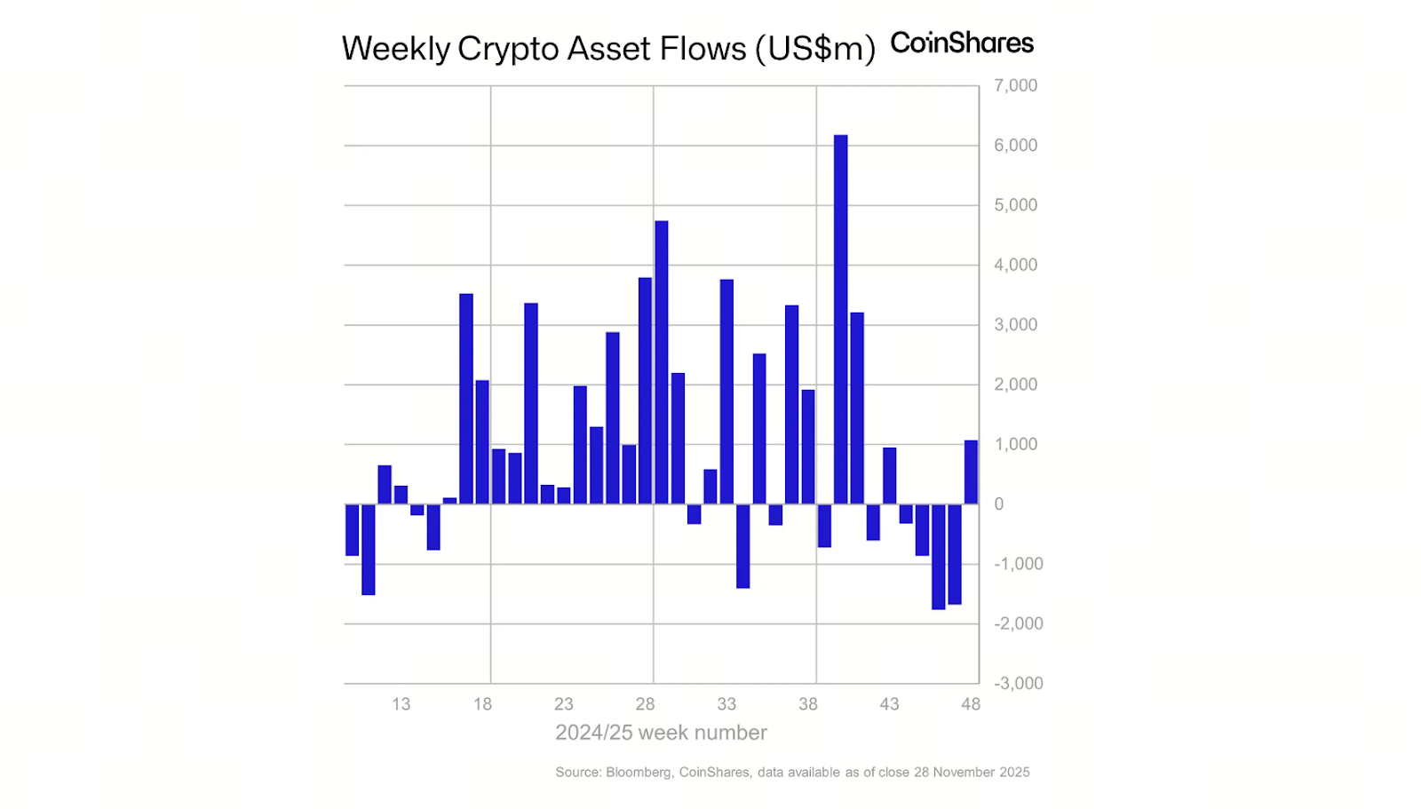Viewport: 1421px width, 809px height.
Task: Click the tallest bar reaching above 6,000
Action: [x=840, y=320]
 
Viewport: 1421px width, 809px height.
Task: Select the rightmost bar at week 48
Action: [x=971, y=472]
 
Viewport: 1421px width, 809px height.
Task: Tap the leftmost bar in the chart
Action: [x=352, y=530]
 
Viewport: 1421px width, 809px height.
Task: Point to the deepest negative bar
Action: [x=938, y=557]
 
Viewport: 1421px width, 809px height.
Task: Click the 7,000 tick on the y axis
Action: [x=1015, y=86]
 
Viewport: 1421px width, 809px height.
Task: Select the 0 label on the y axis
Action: [x=999, y=504]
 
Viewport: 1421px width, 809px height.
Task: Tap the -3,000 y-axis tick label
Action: [x=1018, y=684]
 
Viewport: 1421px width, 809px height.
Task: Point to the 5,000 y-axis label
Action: [x=1015, y=205]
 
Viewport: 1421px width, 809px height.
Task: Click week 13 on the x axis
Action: [x=401, y=704]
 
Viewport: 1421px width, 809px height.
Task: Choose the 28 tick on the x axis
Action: [x=645, y=704]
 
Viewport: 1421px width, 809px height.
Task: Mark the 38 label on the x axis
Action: [x=807, y=704]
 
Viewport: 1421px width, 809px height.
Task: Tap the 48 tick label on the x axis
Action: [x=971, y=704]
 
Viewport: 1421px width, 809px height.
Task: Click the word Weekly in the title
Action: [x=396, y=49]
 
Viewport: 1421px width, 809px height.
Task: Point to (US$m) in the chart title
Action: [x=815, y=49]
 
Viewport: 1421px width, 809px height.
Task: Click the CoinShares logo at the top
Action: [x=962, y=43]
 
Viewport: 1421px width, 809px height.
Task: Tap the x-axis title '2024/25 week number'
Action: [x=661, y=733]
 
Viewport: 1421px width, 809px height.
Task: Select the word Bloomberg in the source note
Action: [x=638, y=773]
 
